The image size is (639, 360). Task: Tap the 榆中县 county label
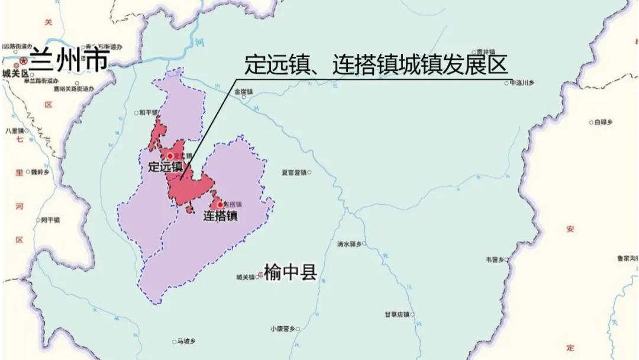(x=291, y=273)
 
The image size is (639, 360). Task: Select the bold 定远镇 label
(x=166, y=167)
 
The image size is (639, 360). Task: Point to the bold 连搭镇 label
(x=220, y=216)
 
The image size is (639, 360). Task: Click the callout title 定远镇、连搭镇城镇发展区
(x=376, y=65)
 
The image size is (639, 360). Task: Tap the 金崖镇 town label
(x=243, y=91)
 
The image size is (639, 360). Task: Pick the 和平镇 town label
(x=148, y=112)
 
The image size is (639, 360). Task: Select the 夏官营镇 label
(x=293, y=173)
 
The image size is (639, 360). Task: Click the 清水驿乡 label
(x=350, y=243)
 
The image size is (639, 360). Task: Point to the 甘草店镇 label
(x=397, y=314)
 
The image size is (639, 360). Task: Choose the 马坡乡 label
(x=186, y=341)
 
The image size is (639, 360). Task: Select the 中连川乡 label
(x=521, y=83)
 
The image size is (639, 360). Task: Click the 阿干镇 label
(x=50, y=220)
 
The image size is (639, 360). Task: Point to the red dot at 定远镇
(x=170, y=155)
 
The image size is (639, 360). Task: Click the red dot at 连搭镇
(x=220, y=205)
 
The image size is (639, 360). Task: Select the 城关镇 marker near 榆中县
(x=260, y=276)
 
